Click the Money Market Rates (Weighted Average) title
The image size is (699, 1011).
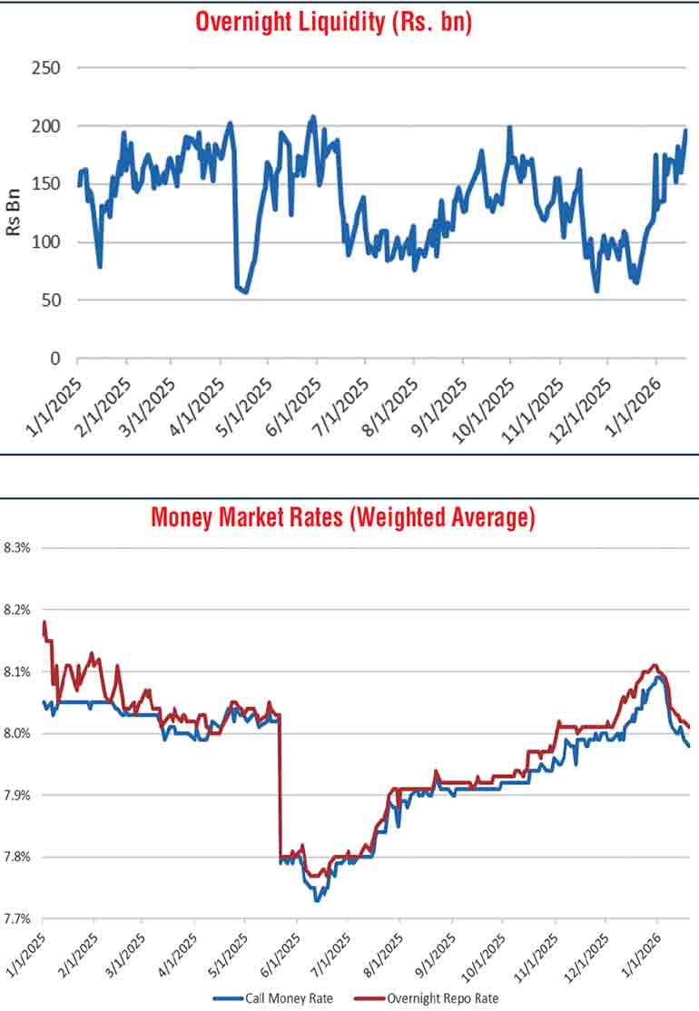(342, 518)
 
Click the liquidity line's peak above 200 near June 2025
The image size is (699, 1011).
(313, 116)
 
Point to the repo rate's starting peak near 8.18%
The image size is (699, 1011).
(44, 622)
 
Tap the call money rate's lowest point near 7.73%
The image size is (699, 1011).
(316, 900)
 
